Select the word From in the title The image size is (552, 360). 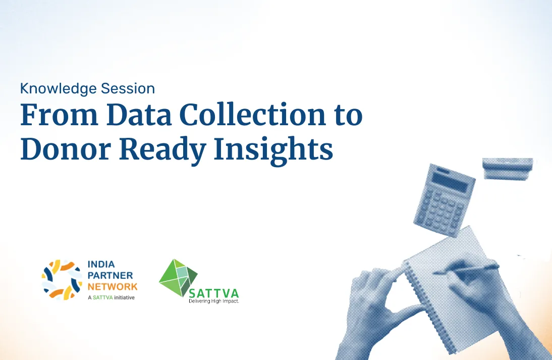(59, 115)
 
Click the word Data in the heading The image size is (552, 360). (139, 115)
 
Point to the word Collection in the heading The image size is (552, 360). (253, 115)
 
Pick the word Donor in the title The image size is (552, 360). (66, 149)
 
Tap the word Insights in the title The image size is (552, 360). (273, 150)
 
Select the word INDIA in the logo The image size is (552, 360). (101, 264)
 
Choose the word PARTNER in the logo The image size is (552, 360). (110, 276)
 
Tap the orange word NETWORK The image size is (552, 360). (113, 287)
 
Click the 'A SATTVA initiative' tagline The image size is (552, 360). (111, 298)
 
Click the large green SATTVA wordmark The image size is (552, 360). (214, 293)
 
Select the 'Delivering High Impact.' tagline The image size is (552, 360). (214, 301)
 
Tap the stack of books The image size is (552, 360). (507, 169)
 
